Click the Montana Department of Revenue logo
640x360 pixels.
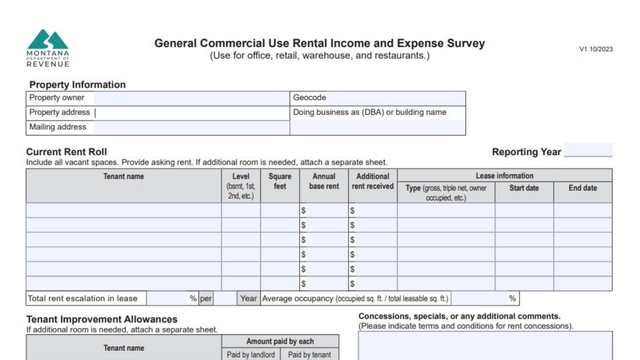coord(48,48)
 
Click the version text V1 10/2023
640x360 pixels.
coord(596,49)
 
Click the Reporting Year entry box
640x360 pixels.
coord(588,150)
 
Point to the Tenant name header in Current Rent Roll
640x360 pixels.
coord(124,176)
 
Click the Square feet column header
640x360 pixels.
coord(280,181)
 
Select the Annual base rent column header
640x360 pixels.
coord(324,181)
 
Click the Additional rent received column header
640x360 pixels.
coord(373,181)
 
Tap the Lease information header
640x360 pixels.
coord(504,176)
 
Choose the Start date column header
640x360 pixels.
coord(524,188)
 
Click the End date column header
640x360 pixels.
coord(583,188)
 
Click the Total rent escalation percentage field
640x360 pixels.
coord(168,298)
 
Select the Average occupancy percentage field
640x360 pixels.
coord(479,298)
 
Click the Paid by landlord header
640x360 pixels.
coord(251,354)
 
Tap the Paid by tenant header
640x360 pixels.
coord(309,354)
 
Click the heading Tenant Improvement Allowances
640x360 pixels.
coord(102,319)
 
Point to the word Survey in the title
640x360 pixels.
coord(466,43)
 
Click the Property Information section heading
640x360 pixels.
coord(77,85)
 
